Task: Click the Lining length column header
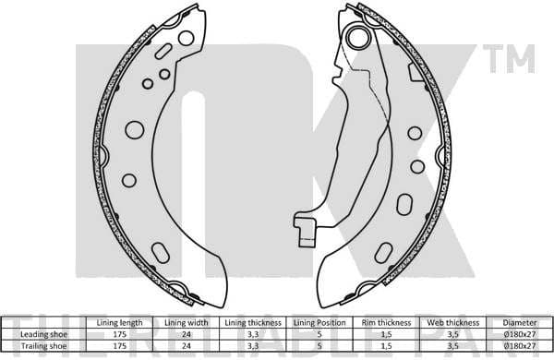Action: coord(119,322)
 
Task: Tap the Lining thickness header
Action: coord(253,322)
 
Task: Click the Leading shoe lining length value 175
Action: coord(119,333)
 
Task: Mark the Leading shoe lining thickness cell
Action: coord(253,333)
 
